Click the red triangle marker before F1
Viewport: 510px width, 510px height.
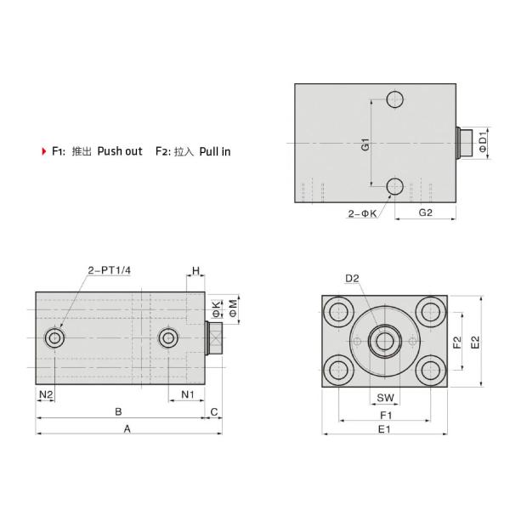coord(43,152)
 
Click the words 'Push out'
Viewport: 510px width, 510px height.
coord(119,152)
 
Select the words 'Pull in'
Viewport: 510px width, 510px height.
coord(215,152)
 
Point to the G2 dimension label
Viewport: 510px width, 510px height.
coord(425,212)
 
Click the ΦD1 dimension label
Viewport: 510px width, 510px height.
coord(483,141)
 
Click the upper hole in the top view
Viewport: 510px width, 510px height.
coord(394,99)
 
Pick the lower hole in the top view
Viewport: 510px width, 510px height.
coord(394,186)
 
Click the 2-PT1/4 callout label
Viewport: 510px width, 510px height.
coord(110,271)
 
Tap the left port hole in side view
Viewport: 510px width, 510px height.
coord(56,339)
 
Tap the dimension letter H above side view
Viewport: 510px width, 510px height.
coord(195,271)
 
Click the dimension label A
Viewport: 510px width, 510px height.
coord(127,429)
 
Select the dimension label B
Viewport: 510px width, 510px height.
coord(118,411)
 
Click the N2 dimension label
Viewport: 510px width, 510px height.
coord(46,394)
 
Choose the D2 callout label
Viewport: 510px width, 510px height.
coord(353,278)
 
